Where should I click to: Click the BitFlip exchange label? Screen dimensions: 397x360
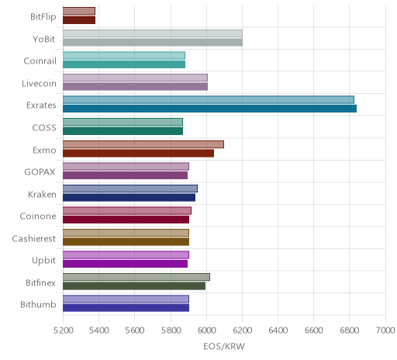(43, 17)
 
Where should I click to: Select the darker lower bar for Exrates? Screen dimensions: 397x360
(209, 109)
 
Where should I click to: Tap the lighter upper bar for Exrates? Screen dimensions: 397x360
(209, 100)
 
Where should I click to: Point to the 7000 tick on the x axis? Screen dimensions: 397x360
(385, 331)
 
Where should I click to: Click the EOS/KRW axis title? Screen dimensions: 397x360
(224, 346)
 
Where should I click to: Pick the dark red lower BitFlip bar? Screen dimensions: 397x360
(79, 20)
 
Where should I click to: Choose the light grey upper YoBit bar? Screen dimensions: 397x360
(153, 33)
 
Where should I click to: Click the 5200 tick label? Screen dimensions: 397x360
(64, 331)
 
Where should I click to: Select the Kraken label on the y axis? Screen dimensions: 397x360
(42, 194)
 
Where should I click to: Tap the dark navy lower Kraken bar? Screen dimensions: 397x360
(129, 198)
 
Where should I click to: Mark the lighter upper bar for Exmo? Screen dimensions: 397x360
(143, 144)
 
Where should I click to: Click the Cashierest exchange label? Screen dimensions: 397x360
(34, 238)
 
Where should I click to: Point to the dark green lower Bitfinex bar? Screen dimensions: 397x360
(134, 286)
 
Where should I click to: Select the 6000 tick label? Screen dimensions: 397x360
(206, 331)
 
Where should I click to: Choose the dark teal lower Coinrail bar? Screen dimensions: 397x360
(124, 64)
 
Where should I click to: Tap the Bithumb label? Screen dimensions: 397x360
(38, 304)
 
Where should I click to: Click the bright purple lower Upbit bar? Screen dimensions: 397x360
(125, 264)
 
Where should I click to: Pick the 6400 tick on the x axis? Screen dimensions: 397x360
(278, 331)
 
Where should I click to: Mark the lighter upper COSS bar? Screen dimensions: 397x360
(123, 122)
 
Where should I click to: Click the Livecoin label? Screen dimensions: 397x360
(39, 84)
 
